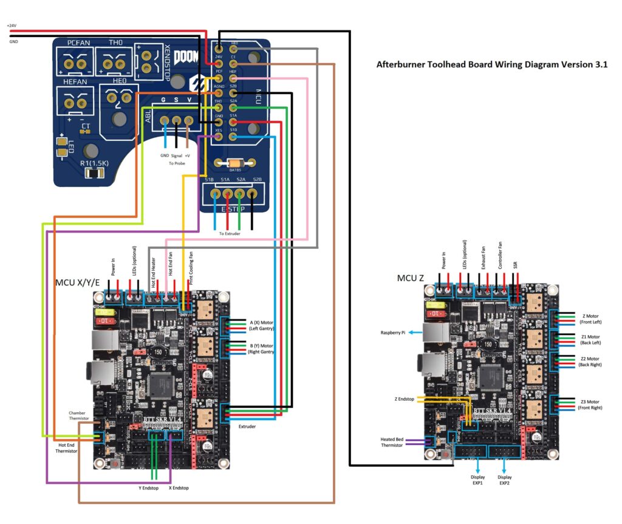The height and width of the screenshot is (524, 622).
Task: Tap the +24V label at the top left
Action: (x=12, y=26)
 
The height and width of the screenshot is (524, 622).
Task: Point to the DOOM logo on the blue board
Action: (x=186, y=58)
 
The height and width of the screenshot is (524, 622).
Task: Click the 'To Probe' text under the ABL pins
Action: (x=177, y=163)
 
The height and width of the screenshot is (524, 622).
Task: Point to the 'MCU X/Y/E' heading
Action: (x=77, y=283)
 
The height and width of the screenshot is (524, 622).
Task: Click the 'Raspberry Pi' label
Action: (x=394, y=333)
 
